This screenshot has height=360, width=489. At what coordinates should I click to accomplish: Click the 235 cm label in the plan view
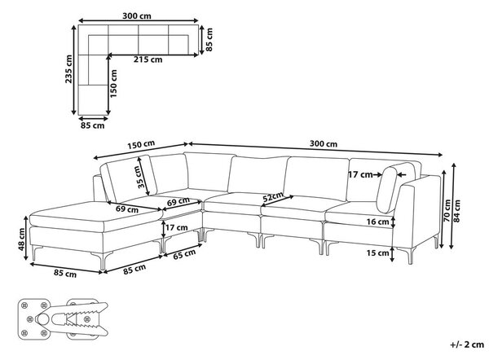coord(68,69)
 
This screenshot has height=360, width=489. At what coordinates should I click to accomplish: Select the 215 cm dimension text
coord(148,59)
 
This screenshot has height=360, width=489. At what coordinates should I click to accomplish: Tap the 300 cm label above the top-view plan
coord(137,16)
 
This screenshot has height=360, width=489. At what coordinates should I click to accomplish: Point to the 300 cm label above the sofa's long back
coord(324,143)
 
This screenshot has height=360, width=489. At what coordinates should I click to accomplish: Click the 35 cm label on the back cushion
coord(142,177)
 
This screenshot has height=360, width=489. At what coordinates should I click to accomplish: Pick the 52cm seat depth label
coord(273,197)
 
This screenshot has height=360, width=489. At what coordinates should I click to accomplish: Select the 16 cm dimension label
coord(377,222)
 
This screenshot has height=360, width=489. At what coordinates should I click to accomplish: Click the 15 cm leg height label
coord(377,252)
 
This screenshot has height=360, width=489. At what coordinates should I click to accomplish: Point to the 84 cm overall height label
coord(457,211)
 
